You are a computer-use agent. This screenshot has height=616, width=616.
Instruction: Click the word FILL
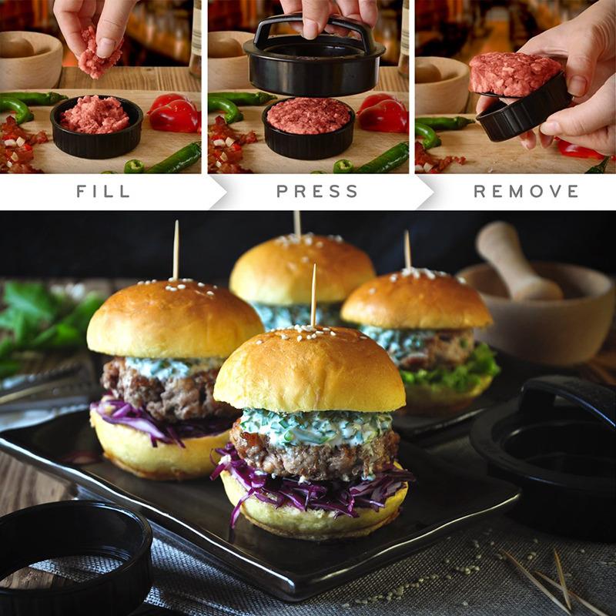tap(102, 191)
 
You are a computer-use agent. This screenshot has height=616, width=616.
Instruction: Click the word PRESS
tap(317, 191)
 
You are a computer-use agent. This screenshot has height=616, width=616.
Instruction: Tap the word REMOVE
tap(526, 191)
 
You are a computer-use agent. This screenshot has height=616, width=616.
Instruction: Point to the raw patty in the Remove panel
tap(514, 75)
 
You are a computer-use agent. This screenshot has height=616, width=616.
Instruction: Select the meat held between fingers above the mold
tap(99, 54)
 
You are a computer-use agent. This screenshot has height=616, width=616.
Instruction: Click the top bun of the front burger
tap(310, 370)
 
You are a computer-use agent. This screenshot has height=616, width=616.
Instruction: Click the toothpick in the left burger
tap(176, 250)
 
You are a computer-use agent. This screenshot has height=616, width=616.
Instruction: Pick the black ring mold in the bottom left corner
tap(73, 554)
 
